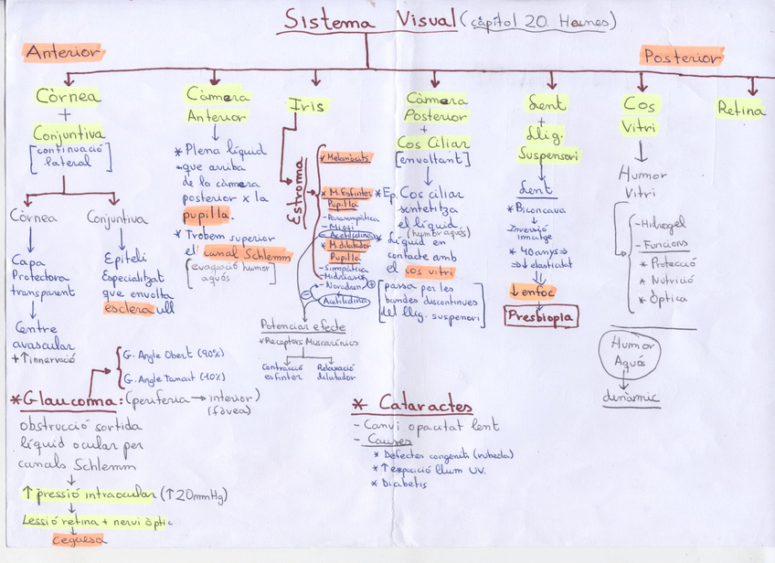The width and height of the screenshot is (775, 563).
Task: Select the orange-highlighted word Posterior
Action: point(682,58)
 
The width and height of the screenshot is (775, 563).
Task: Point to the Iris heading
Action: point(306,105)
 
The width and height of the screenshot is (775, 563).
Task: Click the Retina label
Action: point(740,111)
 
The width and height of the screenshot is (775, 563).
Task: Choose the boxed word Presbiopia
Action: point(540,317)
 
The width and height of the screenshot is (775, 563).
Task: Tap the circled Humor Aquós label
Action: point(633,354)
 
